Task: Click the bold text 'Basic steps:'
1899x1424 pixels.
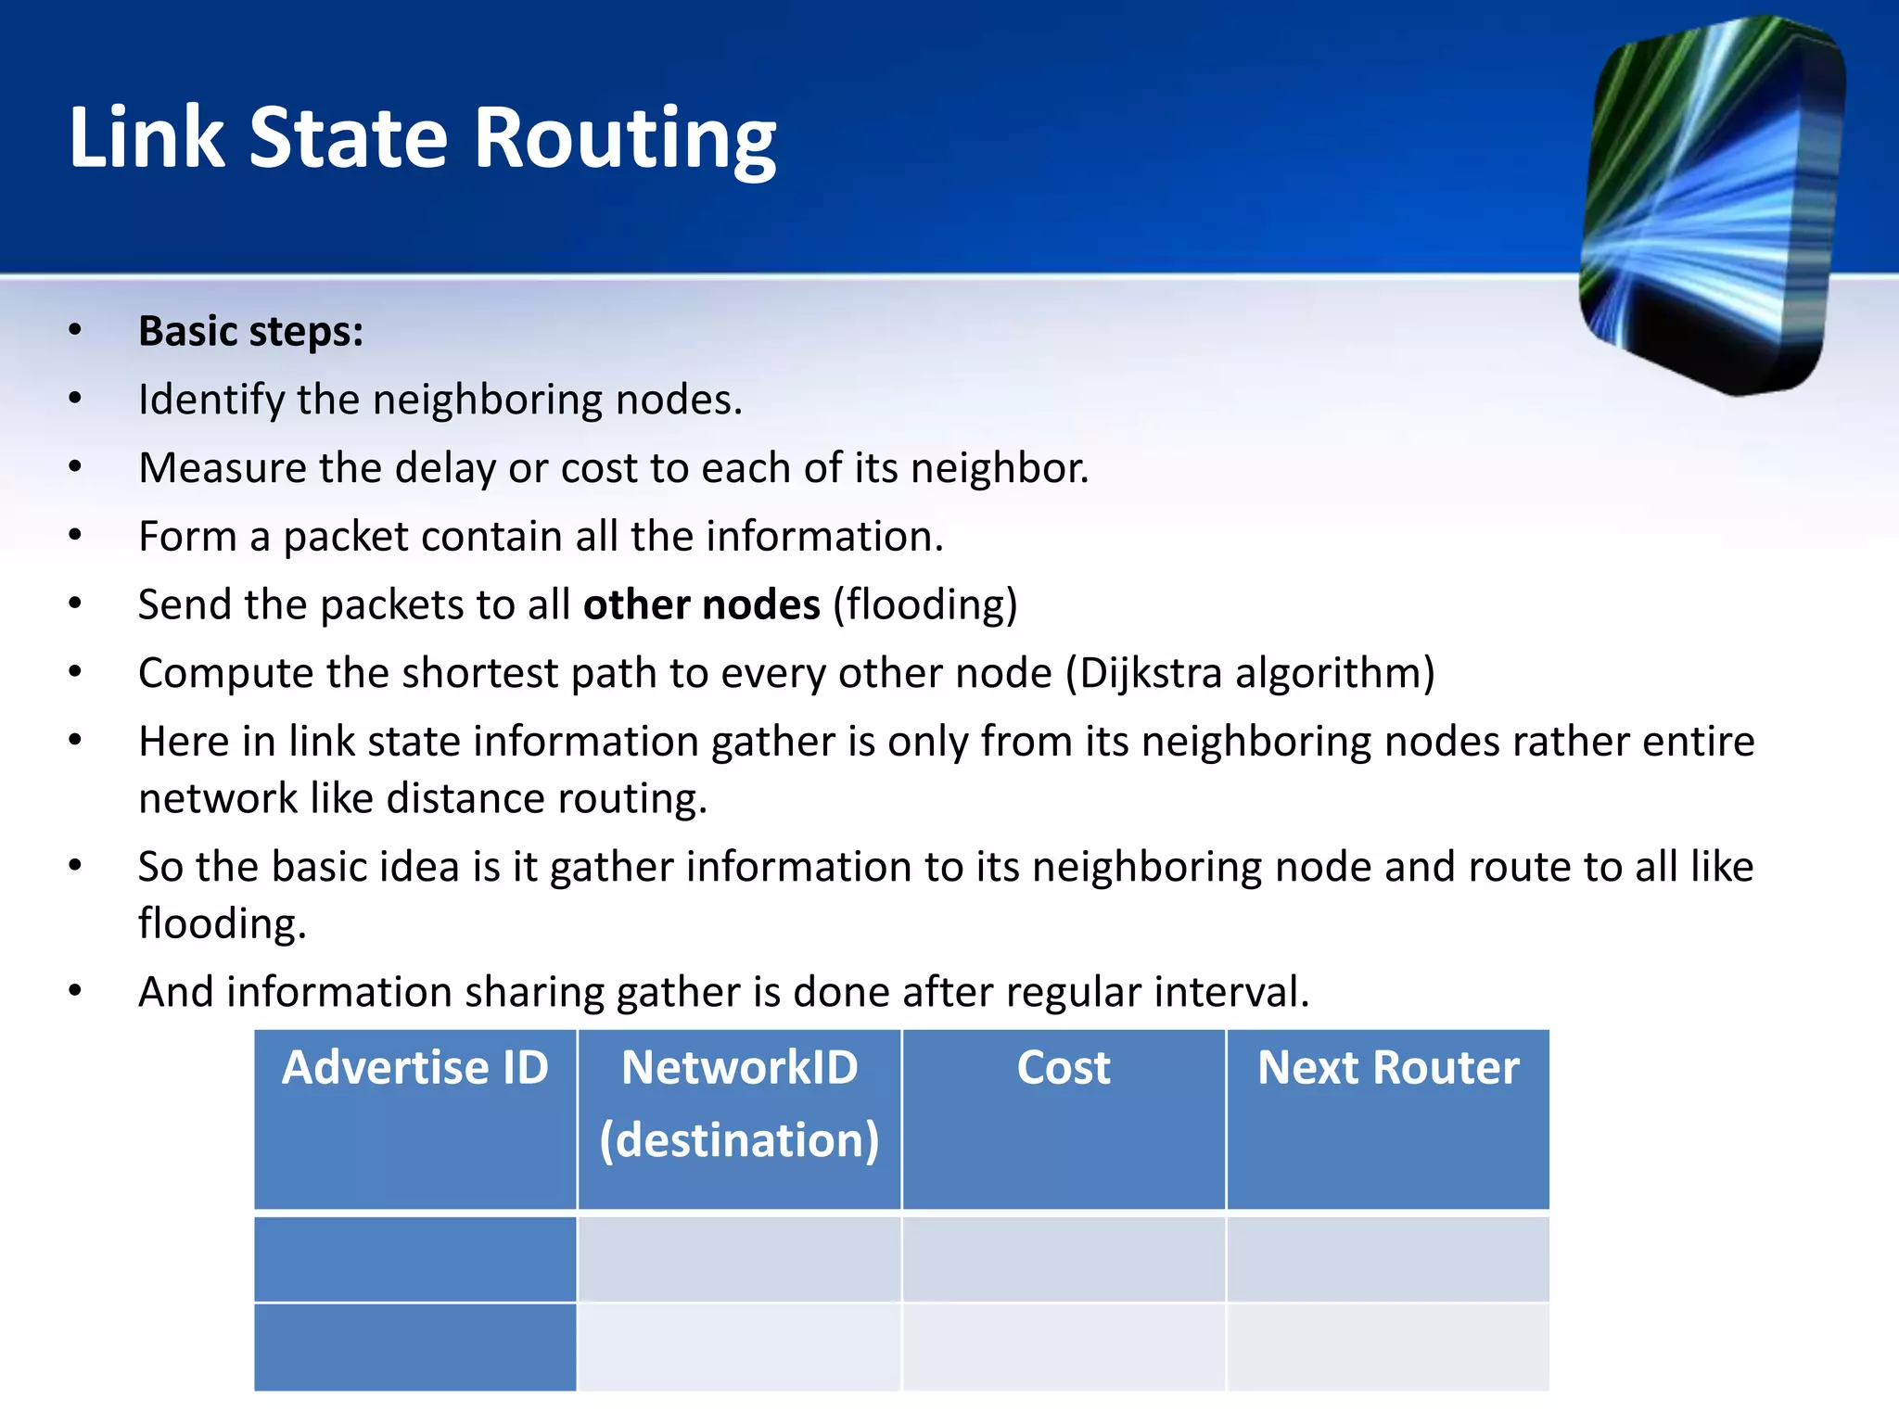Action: [x=250, y=332]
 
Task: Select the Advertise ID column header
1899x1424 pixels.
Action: [x=415, y=1068]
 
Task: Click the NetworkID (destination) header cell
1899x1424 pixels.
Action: [x=739, y=1103]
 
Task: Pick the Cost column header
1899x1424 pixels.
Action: [x=1064, y=1068]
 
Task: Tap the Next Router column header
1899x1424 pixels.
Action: [x=1388, y=1068]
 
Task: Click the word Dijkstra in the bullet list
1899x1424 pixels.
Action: [x=1151, y=674]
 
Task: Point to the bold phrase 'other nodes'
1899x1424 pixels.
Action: [x=701, y=605]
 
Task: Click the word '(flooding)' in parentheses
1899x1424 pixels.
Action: [x=924, y=605]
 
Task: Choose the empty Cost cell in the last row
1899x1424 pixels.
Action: [x=1064, y=1346]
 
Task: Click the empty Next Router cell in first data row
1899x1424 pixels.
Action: [x=1388, y=1259]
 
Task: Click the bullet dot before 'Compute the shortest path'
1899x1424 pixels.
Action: [x=75, y=672]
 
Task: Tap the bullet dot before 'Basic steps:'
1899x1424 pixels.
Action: [x=75, y=331]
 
